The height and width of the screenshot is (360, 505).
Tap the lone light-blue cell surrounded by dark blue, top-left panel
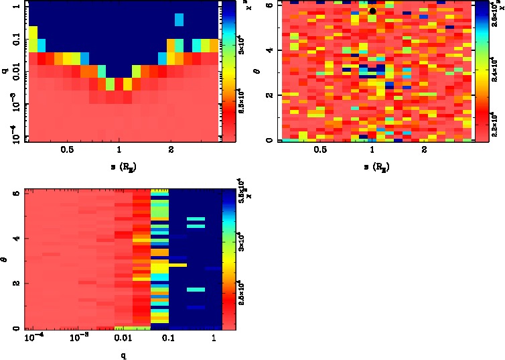[x=179, y=20]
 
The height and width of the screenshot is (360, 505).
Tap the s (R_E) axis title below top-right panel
[x=372, y=165]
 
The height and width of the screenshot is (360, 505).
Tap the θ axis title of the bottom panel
[x=6, y=258]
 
